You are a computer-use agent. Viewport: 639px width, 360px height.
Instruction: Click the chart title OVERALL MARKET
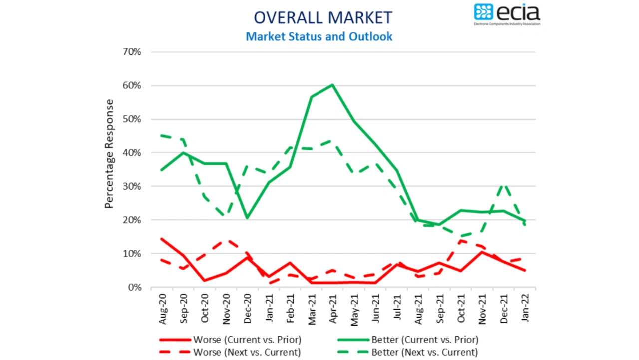(322, 17)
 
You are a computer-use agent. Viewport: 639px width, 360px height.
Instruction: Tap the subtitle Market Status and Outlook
(319, 36)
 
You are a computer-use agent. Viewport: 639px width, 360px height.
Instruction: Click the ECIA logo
(507, 14)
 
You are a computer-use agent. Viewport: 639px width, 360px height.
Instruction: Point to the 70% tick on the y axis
(131, 52)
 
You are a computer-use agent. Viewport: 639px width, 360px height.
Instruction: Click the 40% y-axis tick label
(131, 153)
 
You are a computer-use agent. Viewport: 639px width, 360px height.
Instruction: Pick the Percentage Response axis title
(109, 153)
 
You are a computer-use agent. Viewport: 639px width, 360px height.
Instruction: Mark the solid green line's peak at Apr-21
(332, 85)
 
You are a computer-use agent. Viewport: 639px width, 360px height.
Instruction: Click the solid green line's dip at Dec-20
(247, 218)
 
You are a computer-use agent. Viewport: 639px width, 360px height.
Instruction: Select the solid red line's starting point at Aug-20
(161, 239)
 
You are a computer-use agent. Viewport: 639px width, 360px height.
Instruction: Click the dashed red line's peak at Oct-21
(461, 241)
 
